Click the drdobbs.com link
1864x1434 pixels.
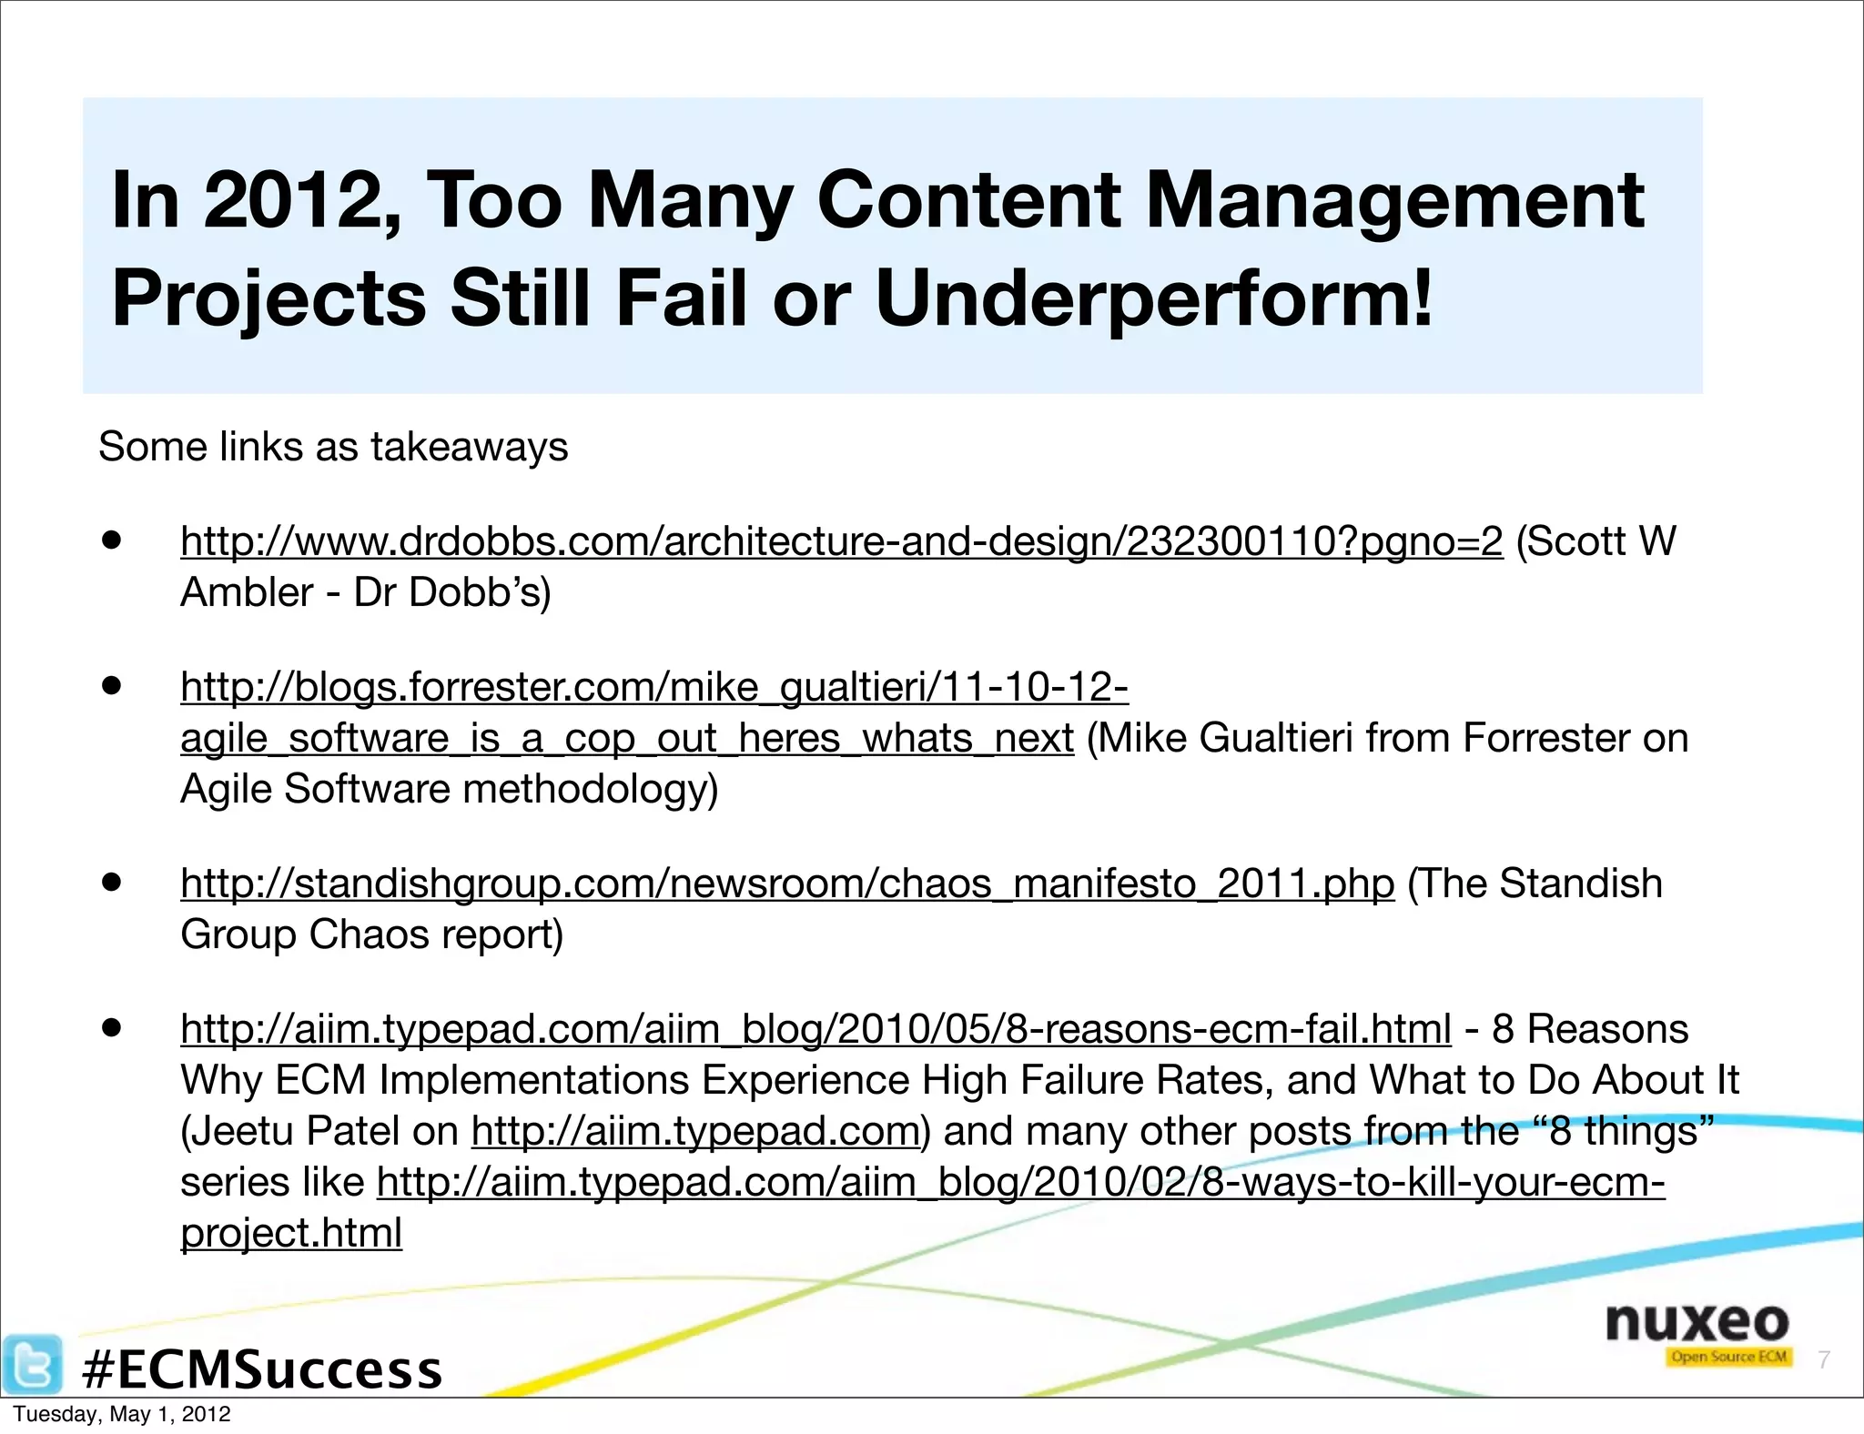(841, 541)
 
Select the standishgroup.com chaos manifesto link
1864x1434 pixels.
(787, 884)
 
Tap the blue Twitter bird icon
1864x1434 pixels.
(33, 1365)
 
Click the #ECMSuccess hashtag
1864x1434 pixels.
(262, 1369)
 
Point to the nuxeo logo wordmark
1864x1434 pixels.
(1697, 1321)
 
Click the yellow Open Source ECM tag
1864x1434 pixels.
(1728, 1358)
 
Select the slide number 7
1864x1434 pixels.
(1823, 1359)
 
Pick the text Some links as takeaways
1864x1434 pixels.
(333, 447)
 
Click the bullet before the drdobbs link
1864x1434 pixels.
(112, 540)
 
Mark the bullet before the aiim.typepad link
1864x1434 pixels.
(112, 1027)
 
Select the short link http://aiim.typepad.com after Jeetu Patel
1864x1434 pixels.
(695, 1131)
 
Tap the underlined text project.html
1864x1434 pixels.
(291, 1233)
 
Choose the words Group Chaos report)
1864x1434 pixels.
(372, 934)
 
